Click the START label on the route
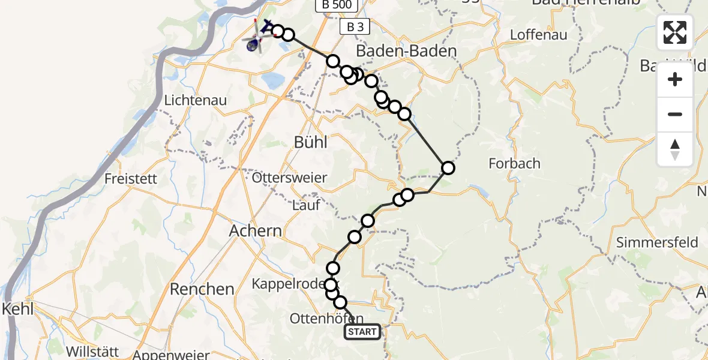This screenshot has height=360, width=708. (362, 332)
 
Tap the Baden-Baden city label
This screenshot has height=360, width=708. (407, 51)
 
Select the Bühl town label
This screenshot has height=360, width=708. (311, 142)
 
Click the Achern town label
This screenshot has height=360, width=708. (256, 230)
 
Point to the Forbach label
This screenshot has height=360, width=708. (514, 163)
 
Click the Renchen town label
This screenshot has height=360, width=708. (202, 289)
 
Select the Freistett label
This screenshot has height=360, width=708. (131, 178)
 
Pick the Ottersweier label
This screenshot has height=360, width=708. (290, 178)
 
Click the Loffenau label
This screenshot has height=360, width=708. (538, 35)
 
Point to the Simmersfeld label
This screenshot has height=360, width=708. (657, 242)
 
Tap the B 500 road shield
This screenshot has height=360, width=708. (337, 5)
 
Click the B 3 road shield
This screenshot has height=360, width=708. (355, 27)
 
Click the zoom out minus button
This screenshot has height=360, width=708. (675, 114)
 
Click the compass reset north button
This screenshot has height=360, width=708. (675, 149)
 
